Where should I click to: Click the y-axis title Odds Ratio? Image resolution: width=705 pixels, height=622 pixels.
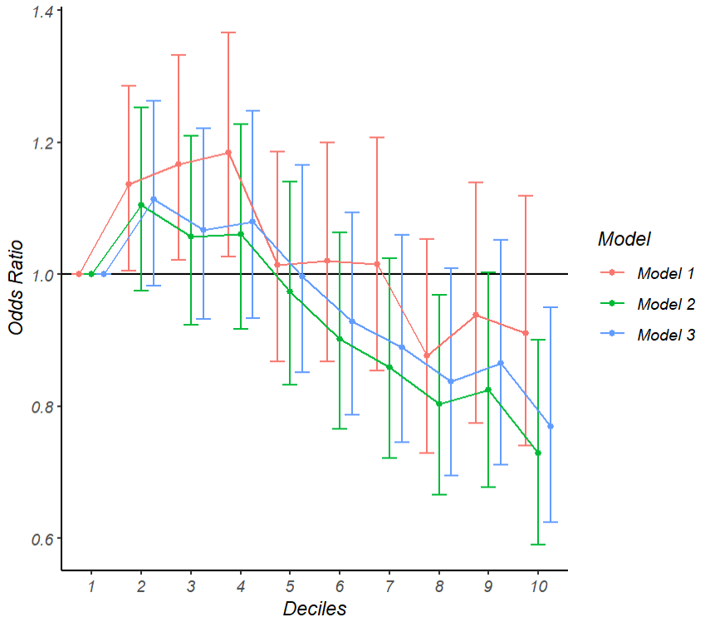(x=16, y=287)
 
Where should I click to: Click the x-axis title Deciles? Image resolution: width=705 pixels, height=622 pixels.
(x=314, y=608)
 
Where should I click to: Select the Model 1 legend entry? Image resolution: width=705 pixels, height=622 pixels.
(x=665, y=272)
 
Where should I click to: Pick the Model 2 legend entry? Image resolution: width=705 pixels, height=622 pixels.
(x=665, y=304)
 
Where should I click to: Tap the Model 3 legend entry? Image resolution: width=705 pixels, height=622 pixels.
(x=665, y=335)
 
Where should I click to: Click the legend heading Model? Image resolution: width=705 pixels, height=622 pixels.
(x=623, y=239)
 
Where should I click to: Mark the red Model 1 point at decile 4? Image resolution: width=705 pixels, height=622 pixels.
(x=228, y=153)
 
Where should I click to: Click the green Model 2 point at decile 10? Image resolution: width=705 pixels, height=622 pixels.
(x=538, y=453)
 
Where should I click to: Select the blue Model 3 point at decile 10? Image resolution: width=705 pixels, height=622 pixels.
(x=551, y=426)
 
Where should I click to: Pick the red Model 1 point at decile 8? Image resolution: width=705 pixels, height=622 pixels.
(x=427, y=355)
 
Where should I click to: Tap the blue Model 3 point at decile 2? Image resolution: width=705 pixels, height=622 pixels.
(x=154, y=199)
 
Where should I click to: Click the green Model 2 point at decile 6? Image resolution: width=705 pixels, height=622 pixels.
(x=340, y=339)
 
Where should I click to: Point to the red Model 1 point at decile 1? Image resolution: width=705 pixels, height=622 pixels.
(x=79, y=274)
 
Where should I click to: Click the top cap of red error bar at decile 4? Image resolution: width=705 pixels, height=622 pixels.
(x=228, y=32)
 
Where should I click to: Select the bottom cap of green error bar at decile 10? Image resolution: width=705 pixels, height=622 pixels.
(x=538, y=544)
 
